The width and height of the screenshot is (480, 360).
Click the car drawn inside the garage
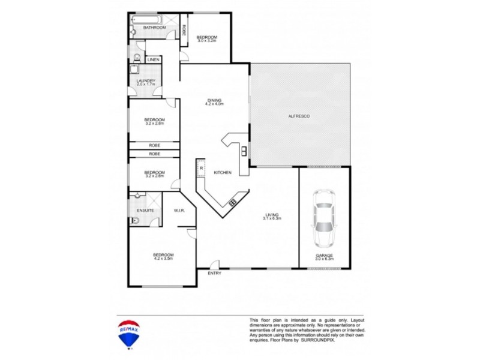coord(324,219)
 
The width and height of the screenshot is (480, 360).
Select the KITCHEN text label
coord(223,173)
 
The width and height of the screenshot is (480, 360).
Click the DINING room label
coord(214,100)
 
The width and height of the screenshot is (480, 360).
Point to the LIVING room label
coord(272,214)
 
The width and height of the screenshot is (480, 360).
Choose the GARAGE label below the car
coord(325,254)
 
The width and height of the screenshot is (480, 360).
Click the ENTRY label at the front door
coord(214,274)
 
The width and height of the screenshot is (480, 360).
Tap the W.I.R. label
coord(178,211)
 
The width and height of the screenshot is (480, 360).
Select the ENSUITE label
coord(146,211)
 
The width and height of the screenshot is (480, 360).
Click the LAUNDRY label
coord(146,80)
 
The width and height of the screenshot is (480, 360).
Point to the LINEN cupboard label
coord(153,60)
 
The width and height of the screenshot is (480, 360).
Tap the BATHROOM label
coord(154,28)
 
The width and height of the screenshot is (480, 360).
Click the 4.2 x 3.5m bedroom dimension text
coord(163,259)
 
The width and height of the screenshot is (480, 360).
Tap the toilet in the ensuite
coord(136,221)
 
